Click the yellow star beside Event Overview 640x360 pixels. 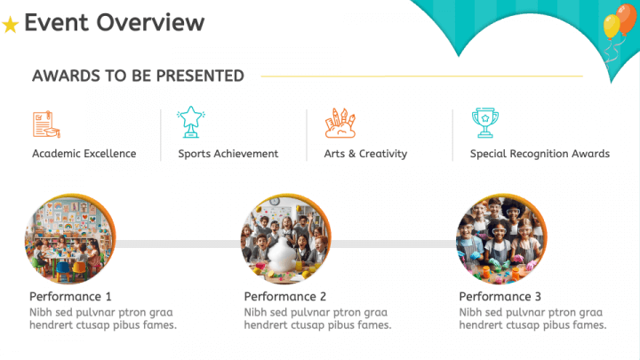click(x=10, y=25)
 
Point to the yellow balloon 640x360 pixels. click(x=612, y=27)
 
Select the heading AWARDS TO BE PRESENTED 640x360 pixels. click(x=138, y=76)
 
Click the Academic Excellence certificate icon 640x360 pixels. click(x=46, y=124)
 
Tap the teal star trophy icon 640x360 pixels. click(x=191, y=122)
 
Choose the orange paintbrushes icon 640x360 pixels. click(x=340, y=123)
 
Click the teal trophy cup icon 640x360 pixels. click(x=485, y=123)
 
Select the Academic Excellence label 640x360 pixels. click(x=84, y=154)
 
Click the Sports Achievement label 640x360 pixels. click(x=228, y=154)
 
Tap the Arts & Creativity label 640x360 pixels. click(x=365, y=154)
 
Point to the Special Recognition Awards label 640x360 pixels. click(x=540, y=154)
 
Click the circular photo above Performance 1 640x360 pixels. click(x=70, y=239)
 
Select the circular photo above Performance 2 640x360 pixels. click(x=285, y=239)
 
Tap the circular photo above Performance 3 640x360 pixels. click(x=501, y=239)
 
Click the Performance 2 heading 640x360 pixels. click(x=285, y=296)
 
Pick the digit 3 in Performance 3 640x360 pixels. click(x=538, y=296)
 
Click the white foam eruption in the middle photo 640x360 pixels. click(x=283, y=255)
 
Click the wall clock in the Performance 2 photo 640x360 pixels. click(x=275, y=201)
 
